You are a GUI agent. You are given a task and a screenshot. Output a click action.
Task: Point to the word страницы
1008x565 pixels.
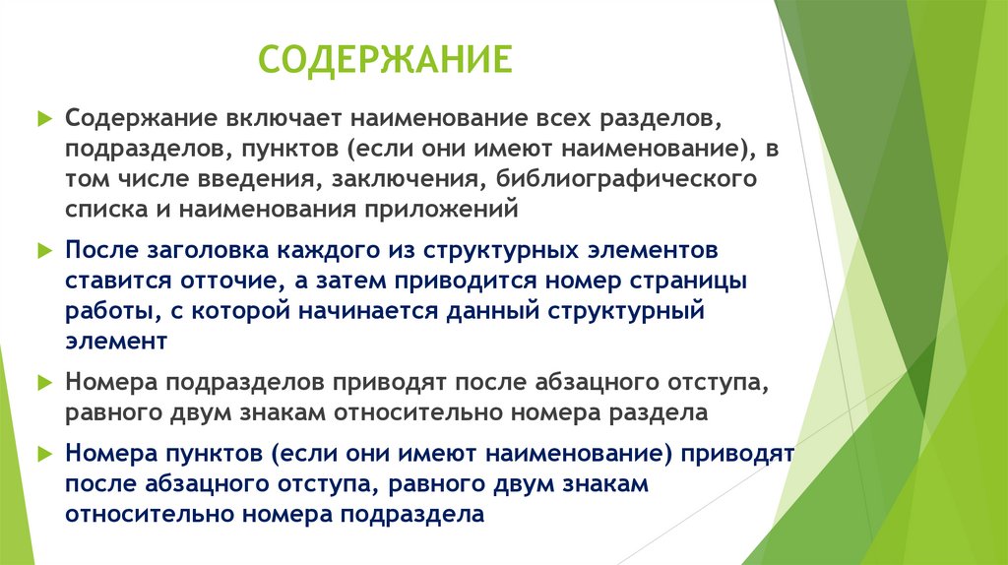(689, 280)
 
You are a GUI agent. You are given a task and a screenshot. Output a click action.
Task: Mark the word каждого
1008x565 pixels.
(322, 249)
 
